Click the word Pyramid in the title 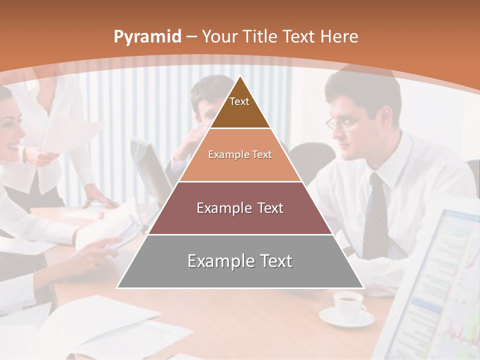coord(147,37)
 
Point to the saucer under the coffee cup coord(346,318)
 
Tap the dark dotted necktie coord(375,215)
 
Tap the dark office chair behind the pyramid coord(312,160)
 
